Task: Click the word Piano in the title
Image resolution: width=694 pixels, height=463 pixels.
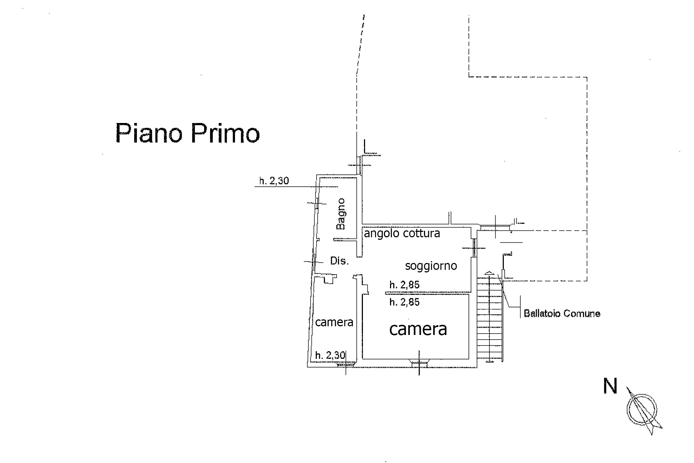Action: tap(149, 133)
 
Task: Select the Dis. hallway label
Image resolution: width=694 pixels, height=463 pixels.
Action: tap(339, 260)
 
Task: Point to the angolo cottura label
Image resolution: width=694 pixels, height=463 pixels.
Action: tap(402, 233)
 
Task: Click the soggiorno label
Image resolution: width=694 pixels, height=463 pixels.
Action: tap(431, 266)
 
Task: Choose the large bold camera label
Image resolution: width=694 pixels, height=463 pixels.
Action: tap(418, 329)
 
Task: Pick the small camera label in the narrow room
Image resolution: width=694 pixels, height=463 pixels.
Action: tap(334, 322)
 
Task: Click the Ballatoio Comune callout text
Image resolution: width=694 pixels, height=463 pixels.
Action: tap(562, 313)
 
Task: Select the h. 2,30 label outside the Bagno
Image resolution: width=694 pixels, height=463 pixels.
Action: tap(274, 180)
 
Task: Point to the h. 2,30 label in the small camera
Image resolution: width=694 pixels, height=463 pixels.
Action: tap(330, 356)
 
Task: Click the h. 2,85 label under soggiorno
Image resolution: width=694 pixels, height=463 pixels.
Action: tap(404, 285)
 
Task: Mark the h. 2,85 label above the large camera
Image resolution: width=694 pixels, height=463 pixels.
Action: tap(404, 302)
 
